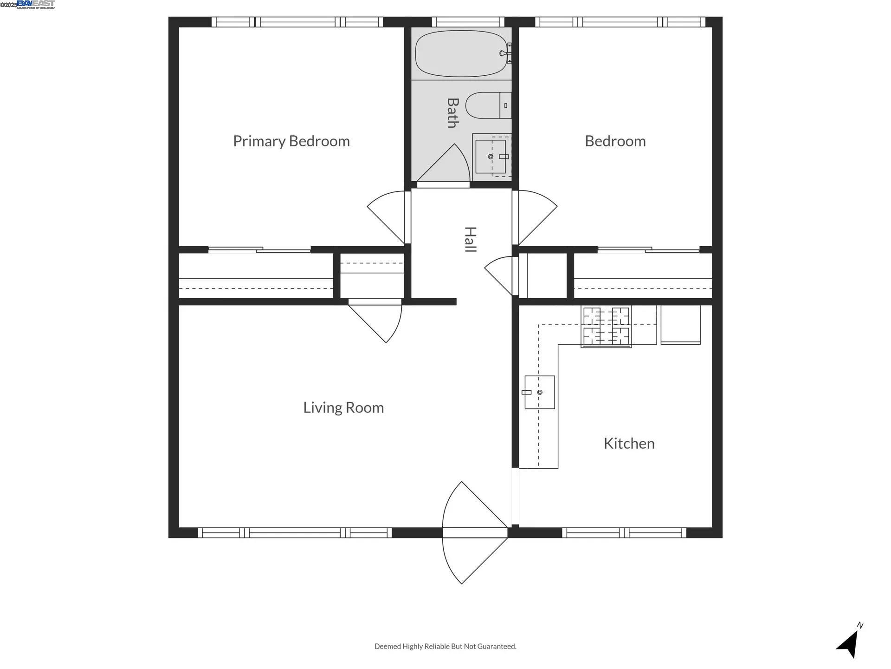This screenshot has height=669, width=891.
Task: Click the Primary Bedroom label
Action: click(291, 141)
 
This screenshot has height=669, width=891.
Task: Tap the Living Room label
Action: click(343, 407)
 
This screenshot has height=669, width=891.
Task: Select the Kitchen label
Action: click(629, 443)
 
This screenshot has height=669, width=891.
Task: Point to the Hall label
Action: click(470, 240)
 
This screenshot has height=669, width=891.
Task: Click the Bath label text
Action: click(452, 113)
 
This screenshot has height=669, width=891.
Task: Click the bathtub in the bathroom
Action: click(460, 53)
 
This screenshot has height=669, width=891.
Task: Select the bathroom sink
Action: click(491, 157)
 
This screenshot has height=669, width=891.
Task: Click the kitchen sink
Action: click(539, 392)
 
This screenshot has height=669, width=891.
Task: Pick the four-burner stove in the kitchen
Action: click(606, 327)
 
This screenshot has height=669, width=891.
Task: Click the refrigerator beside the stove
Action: click(680, 324)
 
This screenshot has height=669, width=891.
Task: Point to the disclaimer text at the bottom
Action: click(445, 646)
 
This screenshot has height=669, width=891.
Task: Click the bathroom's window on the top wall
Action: click(468, 21)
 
